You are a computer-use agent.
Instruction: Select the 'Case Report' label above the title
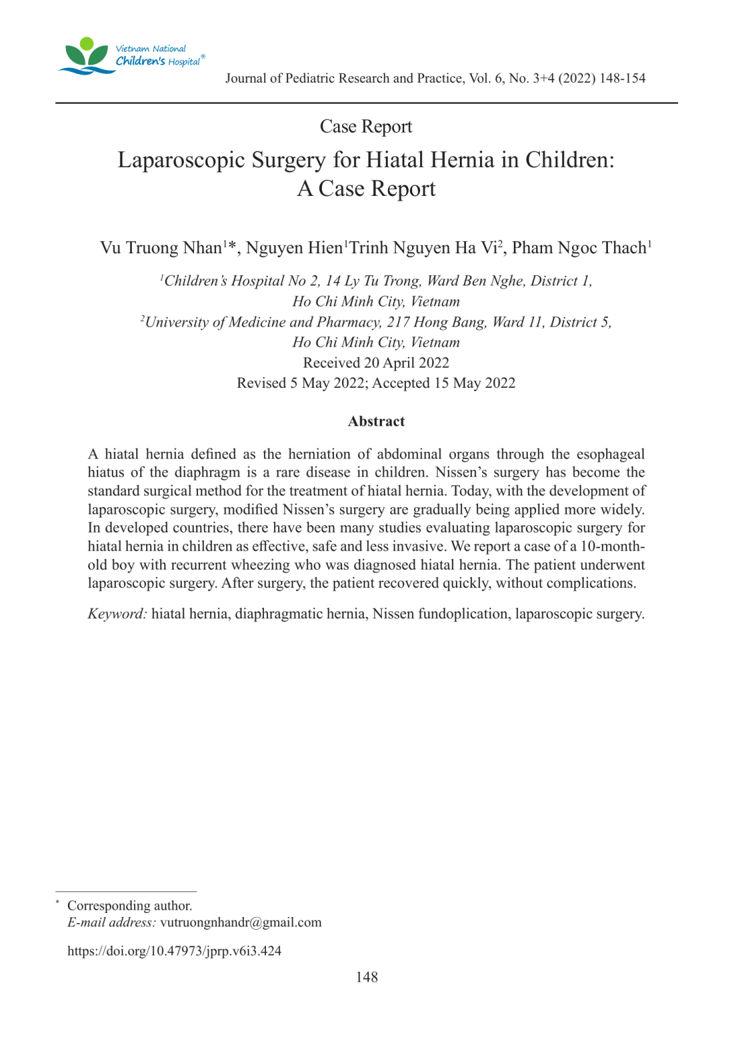pos(366,127)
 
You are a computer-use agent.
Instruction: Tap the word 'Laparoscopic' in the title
pos(181,160)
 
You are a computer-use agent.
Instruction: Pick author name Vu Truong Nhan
pos(162,248)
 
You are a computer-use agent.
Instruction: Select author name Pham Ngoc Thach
pos(579,248)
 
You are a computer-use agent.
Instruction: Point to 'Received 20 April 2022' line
pos(376,363)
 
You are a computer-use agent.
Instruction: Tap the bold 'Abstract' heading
pos(376,421)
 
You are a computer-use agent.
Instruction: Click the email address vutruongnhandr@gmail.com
pos(240,922)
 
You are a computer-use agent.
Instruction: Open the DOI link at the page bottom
pos(174,951)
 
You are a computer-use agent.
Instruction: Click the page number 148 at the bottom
pos(367,977)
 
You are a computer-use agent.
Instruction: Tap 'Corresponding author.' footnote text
pos(129,906)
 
